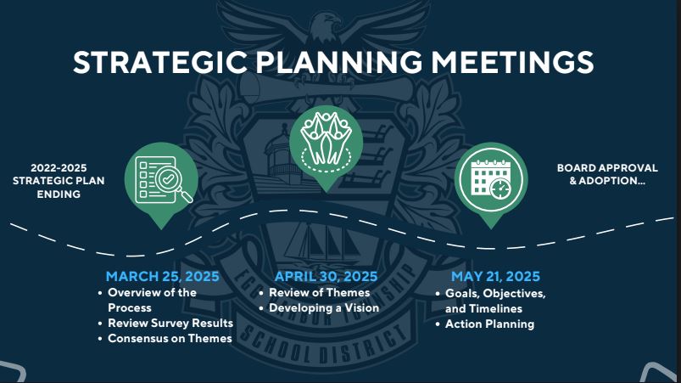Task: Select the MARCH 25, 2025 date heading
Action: (x=162, y=277)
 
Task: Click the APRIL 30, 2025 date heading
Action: (x=326, y=277)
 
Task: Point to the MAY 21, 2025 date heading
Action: (x=495, y=277)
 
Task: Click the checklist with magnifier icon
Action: (x=162, y=179)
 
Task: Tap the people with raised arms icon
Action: (x=326, y=137)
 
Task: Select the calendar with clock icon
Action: (x=490, y=178)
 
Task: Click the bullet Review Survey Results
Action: (x=170, y=323)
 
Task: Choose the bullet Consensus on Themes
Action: (x=170, y=338)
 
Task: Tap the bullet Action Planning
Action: (x=489, y=324)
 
